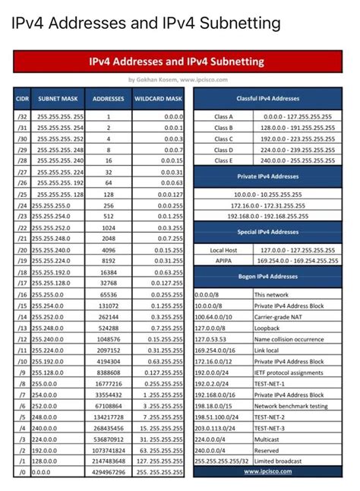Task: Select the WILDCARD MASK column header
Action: click(159, 99)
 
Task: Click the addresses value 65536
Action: click(109, 293)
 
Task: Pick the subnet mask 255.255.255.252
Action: click(61, 139)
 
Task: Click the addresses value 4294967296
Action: click(109, 471)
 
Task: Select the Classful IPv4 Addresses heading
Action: click(268, 99)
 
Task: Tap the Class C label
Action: click(223, 139)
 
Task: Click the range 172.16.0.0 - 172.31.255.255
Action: click(268, 205)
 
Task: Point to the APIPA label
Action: click(223, 260)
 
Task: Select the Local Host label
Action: click(223, 249)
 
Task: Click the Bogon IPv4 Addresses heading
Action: click(268, 277)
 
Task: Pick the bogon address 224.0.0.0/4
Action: click(215, 439)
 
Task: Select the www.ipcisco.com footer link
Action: click(268, 471)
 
